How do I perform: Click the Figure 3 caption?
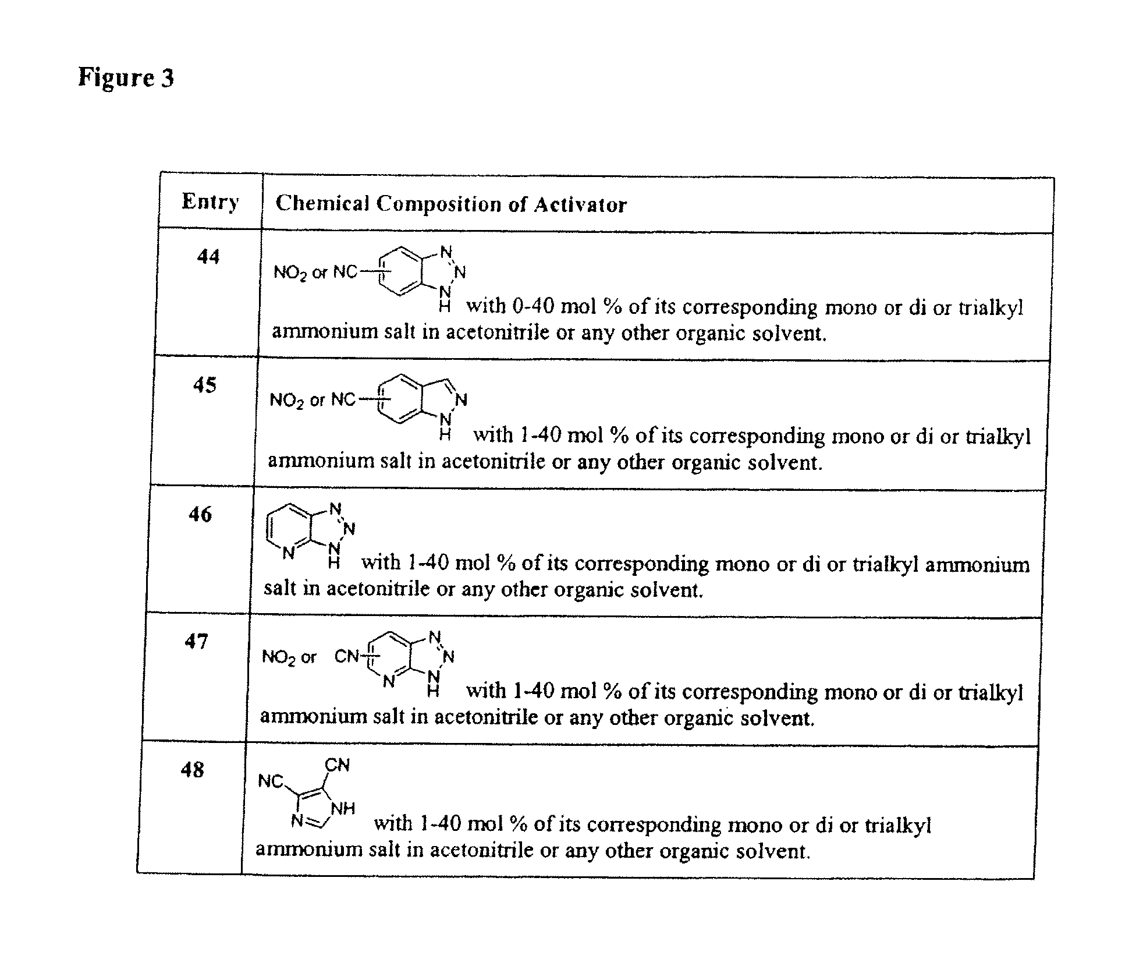[126, 77]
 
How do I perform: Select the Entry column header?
[210, 201]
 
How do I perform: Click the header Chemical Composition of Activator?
[451, 204]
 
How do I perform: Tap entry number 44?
[208, 256]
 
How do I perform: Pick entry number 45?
[205, 385]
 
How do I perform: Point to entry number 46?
[200, 514]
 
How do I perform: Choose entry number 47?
[196, 642]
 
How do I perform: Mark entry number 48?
[193, 770]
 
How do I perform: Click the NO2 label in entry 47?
[279, 658]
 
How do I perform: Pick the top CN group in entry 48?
[337, 765]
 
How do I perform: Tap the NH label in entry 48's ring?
[342, 809]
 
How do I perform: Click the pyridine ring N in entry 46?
[288, 553]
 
